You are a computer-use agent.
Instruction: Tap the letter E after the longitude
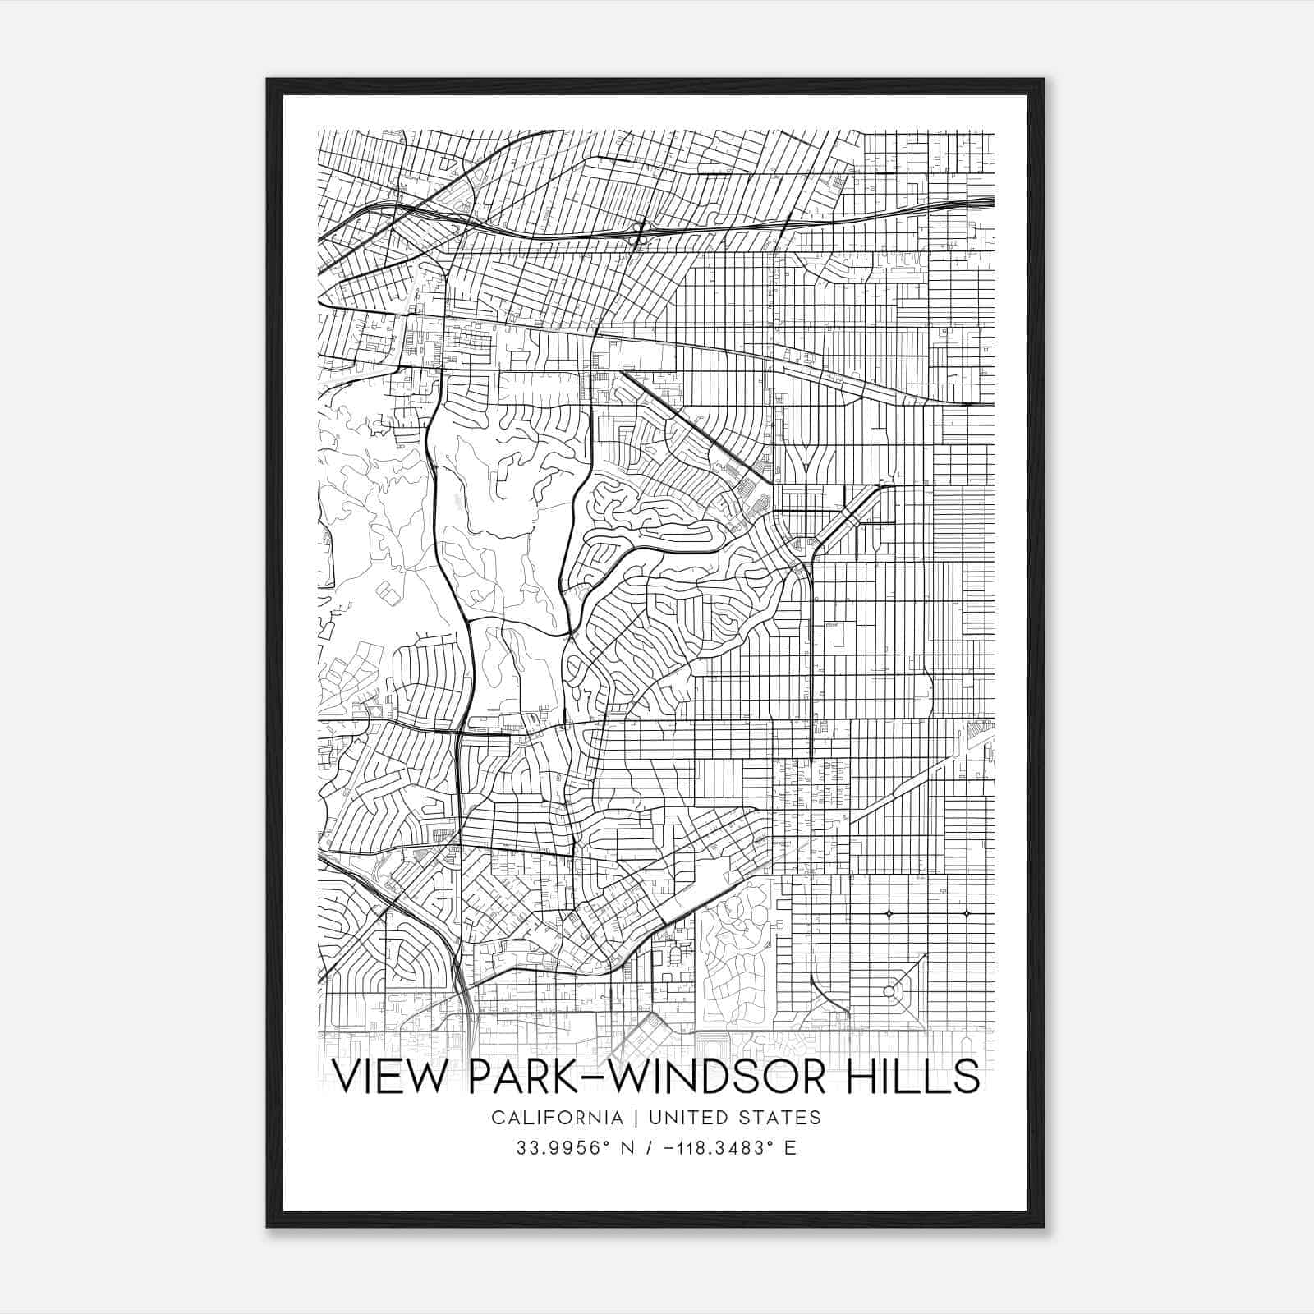790,1148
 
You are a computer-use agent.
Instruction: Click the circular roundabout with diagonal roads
889,992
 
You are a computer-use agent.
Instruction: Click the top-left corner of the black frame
268,80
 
